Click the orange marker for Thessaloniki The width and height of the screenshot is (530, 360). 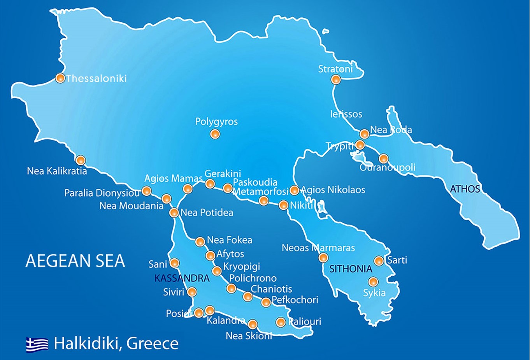(x=60, y=78)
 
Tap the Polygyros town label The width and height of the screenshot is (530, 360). (x=216, y=122)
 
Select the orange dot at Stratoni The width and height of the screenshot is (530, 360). (x=335, y=80)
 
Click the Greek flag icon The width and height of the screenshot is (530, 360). (x=37, y=344)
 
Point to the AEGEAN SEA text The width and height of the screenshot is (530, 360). (x=75, y=261)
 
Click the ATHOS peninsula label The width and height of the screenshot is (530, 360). (x=465, y=189)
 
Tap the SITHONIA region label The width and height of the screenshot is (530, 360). (x=351, y=269)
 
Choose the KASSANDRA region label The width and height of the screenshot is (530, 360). (x=182, y=278)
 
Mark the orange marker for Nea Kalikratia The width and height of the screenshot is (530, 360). (x=81, y=160)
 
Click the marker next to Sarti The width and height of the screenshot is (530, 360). (x=379, y=261)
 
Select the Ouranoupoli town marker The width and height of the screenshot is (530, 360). (x=383, y=158)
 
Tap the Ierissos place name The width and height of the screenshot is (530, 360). (x=346, y=114)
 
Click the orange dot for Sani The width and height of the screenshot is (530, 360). (x=174, y=263)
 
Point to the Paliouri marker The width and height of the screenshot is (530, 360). (x=281, y=322)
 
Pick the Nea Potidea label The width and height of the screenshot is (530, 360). (x=207, y=212)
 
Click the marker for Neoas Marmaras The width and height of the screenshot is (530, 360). (x=323, y=257)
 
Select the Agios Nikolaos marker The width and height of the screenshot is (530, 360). (x=294, y=190)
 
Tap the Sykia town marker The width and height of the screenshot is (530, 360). (x=373, y=281)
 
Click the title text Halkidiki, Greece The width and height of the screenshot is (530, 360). (x=116, y=344)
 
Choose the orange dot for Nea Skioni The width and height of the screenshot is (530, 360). (x=253, y=324)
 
